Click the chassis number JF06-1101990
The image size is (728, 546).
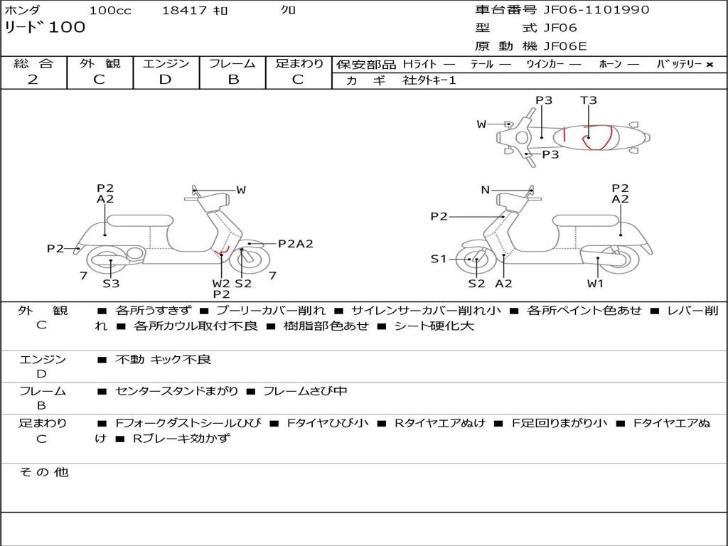tap(596, 10)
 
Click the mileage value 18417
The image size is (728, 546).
tap(184, 10)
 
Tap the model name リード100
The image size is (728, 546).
tap(45, 28)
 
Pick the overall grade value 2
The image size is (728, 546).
tap(33, 80)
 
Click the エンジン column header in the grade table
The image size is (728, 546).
tap(166, 64)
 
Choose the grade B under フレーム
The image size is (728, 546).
tap(232, 80)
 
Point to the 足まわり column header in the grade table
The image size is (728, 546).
tap(299, 64)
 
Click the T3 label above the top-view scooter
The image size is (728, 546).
tap(588, 100)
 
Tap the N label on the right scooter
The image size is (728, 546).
tap(486, 190)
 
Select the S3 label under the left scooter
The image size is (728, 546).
tap(111, 284)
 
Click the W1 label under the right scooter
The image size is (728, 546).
tap(595, 284)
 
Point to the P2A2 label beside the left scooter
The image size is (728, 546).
tap(295, 244)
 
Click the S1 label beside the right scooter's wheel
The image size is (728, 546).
tap(439, 259)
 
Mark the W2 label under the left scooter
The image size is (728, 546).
tap(221, 284)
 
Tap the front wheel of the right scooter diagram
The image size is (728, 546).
tap(476, 260)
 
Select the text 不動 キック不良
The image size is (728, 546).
tap(163, 360)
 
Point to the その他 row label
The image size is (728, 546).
tap(43, 472)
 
